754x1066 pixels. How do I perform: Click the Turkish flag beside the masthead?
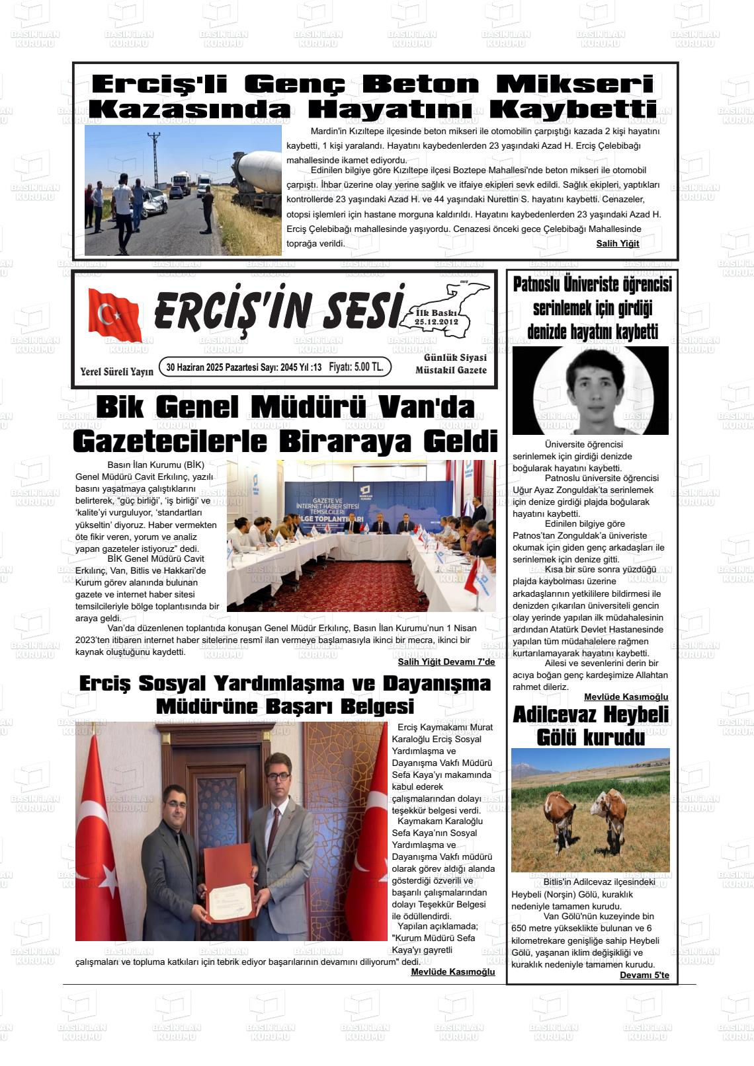pos(114,315)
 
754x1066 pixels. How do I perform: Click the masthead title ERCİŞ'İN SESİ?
pos(278,308)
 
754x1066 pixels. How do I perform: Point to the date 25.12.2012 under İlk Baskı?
pos(437,322)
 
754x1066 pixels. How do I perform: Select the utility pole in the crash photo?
pos(155,159)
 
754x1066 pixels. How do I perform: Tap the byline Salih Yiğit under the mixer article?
pos(617,243)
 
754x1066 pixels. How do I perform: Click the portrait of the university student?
pos(591,391)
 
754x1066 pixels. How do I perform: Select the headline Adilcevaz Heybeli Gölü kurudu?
pos(591,725)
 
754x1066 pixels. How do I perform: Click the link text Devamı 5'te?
pos(644,975)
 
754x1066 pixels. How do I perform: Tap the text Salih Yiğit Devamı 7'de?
pos(446,662)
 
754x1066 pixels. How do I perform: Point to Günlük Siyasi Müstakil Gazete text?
pos(450,364)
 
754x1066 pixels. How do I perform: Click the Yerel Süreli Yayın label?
pos(116,371)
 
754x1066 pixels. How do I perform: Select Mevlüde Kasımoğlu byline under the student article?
pos(626,697)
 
